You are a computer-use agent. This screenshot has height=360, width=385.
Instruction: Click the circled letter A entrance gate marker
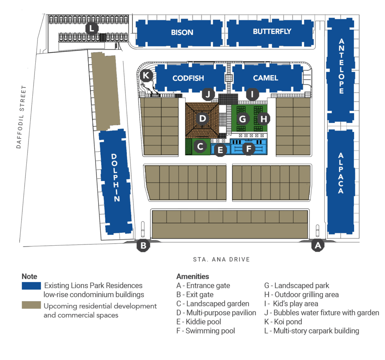click(x=318, y=246)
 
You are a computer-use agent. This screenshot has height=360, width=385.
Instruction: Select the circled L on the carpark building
click(x=91, y=28)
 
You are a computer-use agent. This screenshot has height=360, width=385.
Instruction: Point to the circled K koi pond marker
click(x=146, y=76)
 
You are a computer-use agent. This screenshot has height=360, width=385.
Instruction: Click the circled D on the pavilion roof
click(x=203, y=119)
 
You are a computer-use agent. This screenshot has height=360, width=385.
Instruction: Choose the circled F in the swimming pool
click(x=248, y=148)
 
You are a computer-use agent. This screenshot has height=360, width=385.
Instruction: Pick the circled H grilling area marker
click(x=264, y=119)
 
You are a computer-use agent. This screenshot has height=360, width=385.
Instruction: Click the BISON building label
click(x=182, y=32)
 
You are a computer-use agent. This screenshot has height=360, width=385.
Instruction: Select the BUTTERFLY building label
click(x=272, y=31)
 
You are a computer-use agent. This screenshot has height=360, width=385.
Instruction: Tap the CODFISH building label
click(x=188, y=78)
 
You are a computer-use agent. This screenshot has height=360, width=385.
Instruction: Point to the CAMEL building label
click(x=265, y=78)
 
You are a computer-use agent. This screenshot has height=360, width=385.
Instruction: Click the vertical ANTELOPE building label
click(x=341, y=66)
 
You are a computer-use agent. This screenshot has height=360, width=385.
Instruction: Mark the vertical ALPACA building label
click(x=341, y=173)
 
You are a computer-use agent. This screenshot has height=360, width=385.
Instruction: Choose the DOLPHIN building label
click(x=116, y=178)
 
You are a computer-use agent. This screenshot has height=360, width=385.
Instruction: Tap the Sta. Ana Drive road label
click(x=221, y=260)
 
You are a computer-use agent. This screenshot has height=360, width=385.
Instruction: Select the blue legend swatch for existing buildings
click(x=31, y=286)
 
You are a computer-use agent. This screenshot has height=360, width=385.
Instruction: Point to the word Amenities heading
click(x=192, y=276)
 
